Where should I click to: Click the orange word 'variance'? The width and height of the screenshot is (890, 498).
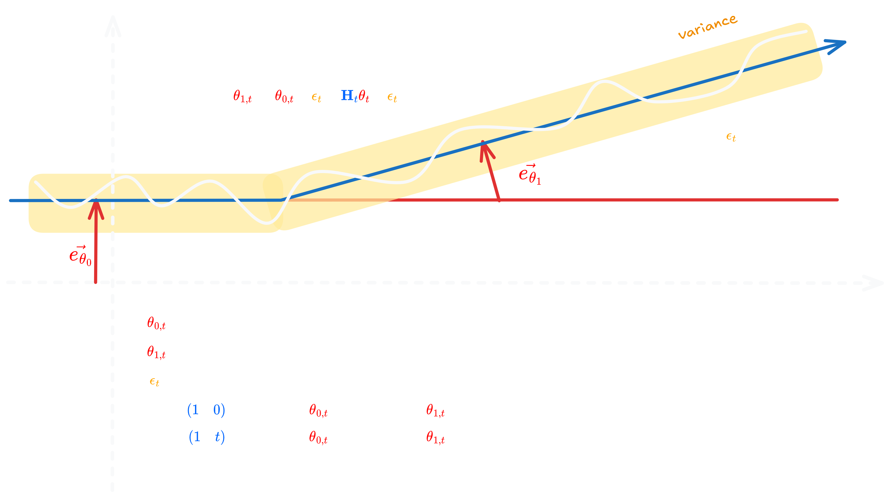tap(707, 27)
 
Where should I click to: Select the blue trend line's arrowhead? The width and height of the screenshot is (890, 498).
tap(836, 45)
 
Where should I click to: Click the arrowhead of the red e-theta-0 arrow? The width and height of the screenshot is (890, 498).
tap(96, 207)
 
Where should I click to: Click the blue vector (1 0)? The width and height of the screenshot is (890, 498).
tap(206, 410)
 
